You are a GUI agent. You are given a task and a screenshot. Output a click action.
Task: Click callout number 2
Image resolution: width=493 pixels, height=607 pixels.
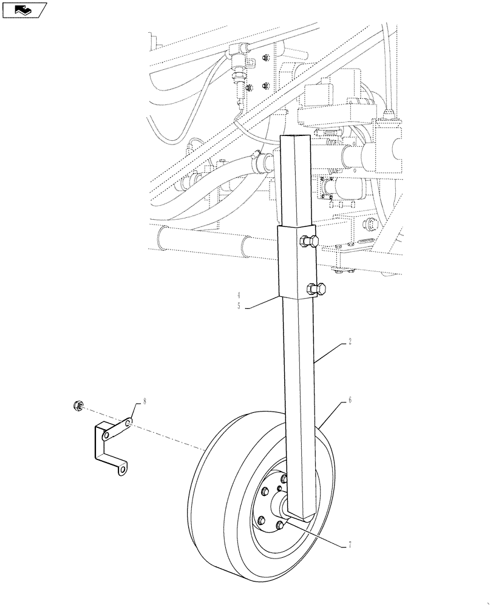tap(351, 342)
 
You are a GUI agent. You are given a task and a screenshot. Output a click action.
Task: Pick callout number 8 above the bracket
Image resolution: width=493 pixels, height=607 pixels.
tap(144, 401)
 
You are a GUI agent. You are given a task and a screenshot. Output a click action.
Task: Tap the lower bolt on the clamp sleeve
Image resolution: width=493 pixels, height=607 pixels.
tap(318, 289)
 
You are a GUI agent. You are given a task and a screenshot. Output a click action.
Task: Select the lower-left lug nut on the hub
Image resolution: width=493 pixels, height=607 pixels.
tap(262, 520)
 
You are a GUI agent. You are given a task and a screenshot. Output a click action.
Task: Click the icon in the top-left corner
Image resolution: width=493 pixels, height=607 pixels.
tap(24, 10)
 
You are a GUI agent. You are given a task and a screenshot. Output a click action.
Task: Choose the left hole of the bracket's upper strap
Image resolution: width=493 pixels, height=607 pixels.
tap(107, 435)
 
